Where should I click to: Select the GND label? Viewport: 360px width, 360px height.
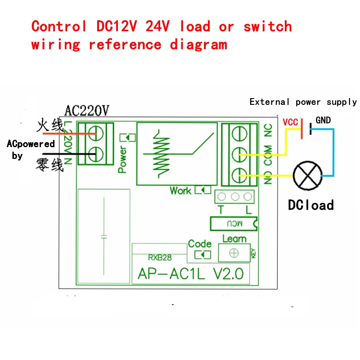pyautogui.click(x=323, y=120)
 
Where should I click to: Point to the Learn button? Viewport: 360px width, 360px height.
pyautogui.click(x=234, y=253)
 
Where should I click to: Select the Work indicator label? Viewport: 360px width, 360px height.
pyautogui.click(x=180, y=190)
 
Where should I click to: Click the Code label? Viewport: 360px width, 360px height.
pyautogui.click(x=200, y=243)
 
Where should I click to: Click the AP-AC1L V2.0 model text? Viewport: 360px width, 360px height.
pyautogui.click(x=190, y=273)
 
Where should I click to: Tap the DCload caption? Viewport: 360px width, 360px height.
pyautogui.click(x=311, y=205)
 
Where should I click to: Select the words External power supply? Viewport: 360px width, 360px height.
pyautogui.click(x=303, y=102)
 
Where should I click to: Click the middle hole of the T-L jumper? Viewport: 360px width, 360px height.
pyautogui.click(x=234, y=197)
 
